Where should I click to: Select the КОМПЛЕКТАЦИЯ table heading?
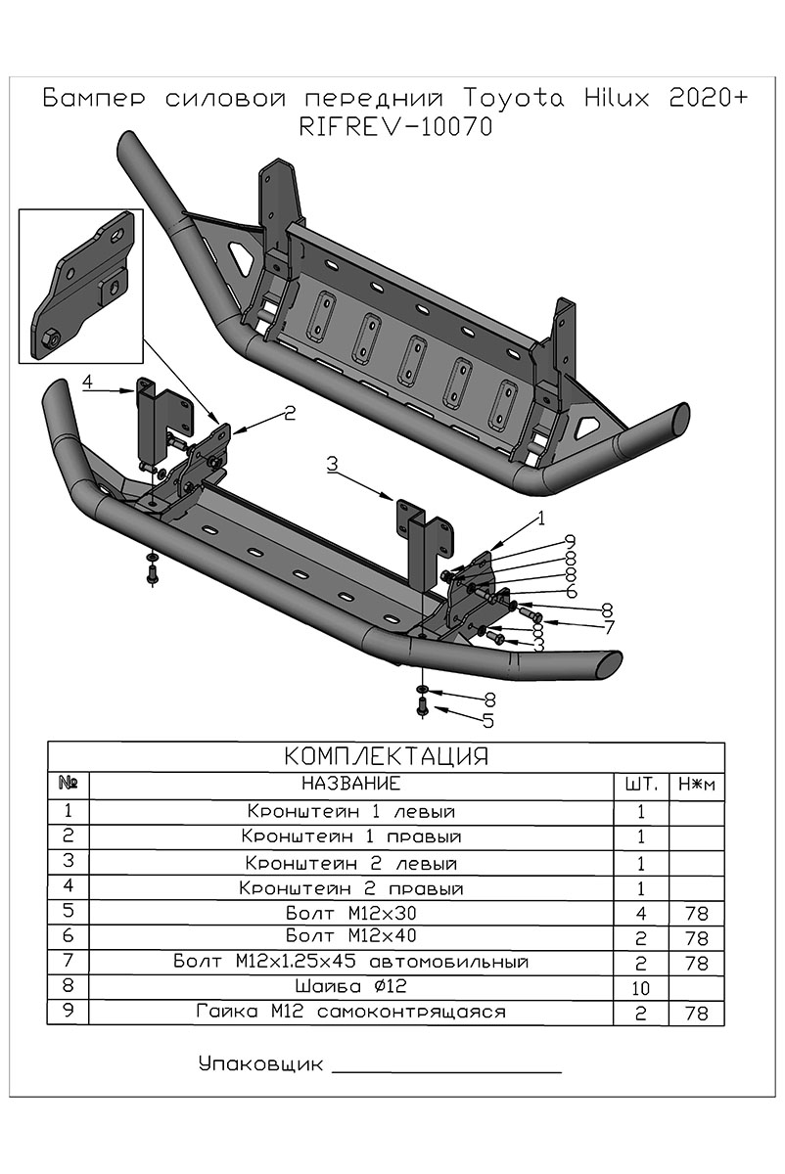386,757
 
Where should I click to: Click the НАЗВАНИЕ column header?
350,784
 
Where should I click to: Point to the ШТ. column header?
640,785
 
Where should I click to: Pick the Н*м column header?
696,785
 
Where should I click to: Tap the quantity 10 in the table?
640,987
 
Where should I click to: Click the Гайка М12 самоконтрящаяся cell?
351,1012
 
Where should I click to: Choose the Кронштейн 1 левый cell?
351,812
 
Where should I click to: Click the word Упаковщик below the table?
259,1063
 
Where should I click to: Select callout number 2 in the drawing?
289,414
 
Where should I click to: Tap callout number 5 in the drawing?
486,721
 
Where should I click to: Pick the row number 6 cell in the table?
68,937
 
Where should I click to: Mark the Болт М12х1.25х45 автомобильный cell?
351,962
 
